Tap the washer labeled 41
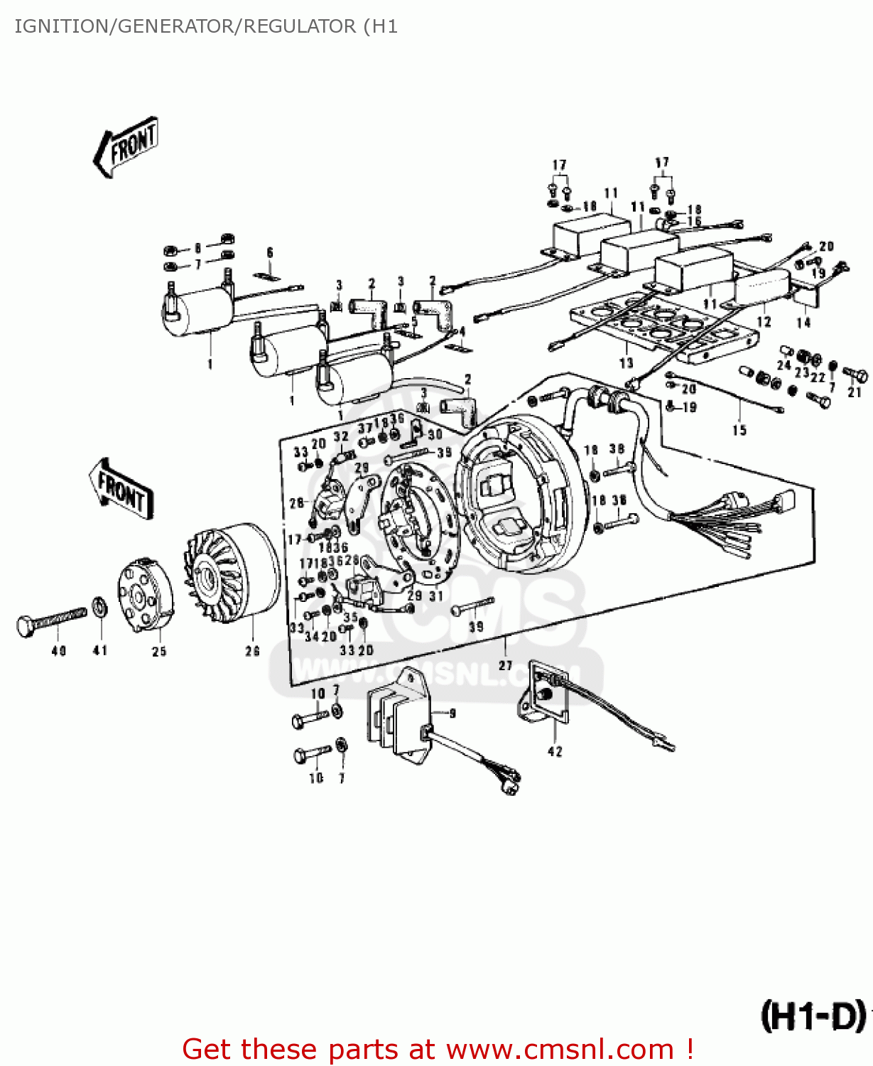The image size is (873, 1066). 99,608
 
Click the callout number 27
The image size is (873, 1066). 505,665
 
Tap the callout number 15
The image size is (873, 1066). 739,430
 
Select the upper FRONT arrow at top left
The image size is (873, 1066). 126,147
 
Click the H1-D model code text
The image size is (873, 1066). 813,1016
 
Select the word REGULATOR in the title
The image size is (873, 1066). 300,26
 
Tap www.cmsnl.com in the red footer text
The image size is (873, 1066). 560,1049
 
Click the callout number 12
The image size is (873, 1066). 764,322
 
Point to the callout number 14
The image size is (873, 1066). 803,322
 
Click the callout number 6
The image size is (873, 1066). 270,252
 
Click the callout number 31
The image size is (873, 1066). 436,596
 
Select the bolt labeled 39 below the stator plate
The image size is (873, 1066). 472,605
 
